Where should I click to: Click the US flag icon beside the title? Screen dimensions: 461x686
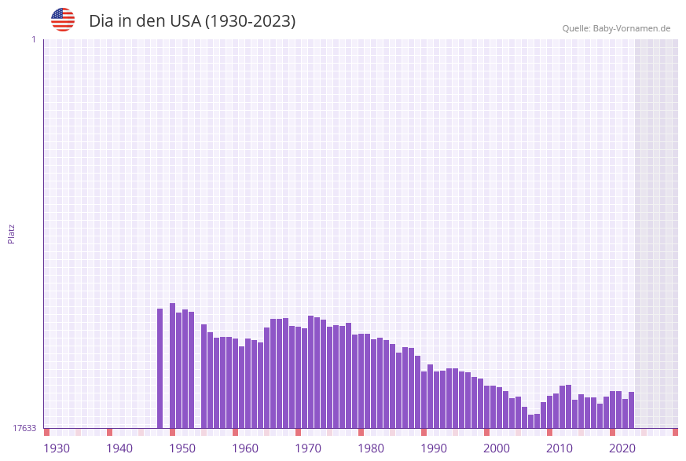pyautogui.click(x=63, y=20)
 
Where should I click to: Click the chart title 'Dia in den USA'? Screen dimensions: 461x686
pyautogui.click(x=192, y=21)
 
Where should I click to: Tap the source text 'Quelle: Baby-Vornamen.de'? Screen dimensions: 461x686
pyautogui.click(x=616, y=28)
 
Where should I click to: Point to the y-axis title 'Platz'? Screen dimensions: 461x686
pyautogui.click(x=12, y=233)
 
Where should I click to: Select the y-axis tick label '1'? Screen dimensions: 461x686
pyautogui.click(x=33, y=39)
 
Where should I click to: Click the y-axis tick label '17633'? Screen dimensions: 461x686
pyautogui.click(x=24, y=428)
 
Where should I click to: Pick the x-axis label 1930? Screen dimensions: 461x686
pyautogui.click(x=57, y=448)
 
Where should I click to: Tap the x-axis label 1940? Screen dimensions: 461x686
pyautogui.click(x=119, y=448)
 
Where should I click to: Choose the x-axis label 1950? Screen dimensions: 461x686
pyautogui.click(x=182, y=448)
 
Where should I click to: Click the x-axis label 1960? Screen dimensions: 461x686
pyautogui.click(x=245, y=448)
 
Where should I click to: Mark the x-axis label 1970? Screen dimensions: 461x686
pyautogui.click(x=308, y=448)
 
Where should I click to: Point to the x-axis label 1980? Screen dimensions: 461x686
pyautogui.click(x=371, y=448)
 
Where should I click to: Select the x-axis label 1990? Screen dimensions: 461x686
pyautogui.click(x=434, y=448)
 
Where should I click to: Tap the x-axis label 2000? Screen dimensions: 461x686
pyautogui.click(x=497, y=448)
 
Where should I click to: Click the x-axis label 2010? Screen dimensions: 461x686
pyautogui.click(x=559, y=448)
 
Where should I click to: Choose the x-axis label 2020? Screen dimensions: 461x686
pyautogui.click(x=622, y=448)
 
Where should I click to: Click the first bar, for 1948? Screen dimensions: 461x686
pyautogui.click(x=160, y=368)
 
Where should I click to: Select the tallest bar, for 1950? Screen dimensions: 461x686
pyautogui.click(x=173, y=365)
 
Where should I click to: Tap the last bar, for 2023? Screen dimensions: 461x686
pyautogui.click(x=632, y=410)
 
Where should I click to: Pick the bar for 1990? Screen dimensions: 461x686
pyautogui.click(x=424, y=400)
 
